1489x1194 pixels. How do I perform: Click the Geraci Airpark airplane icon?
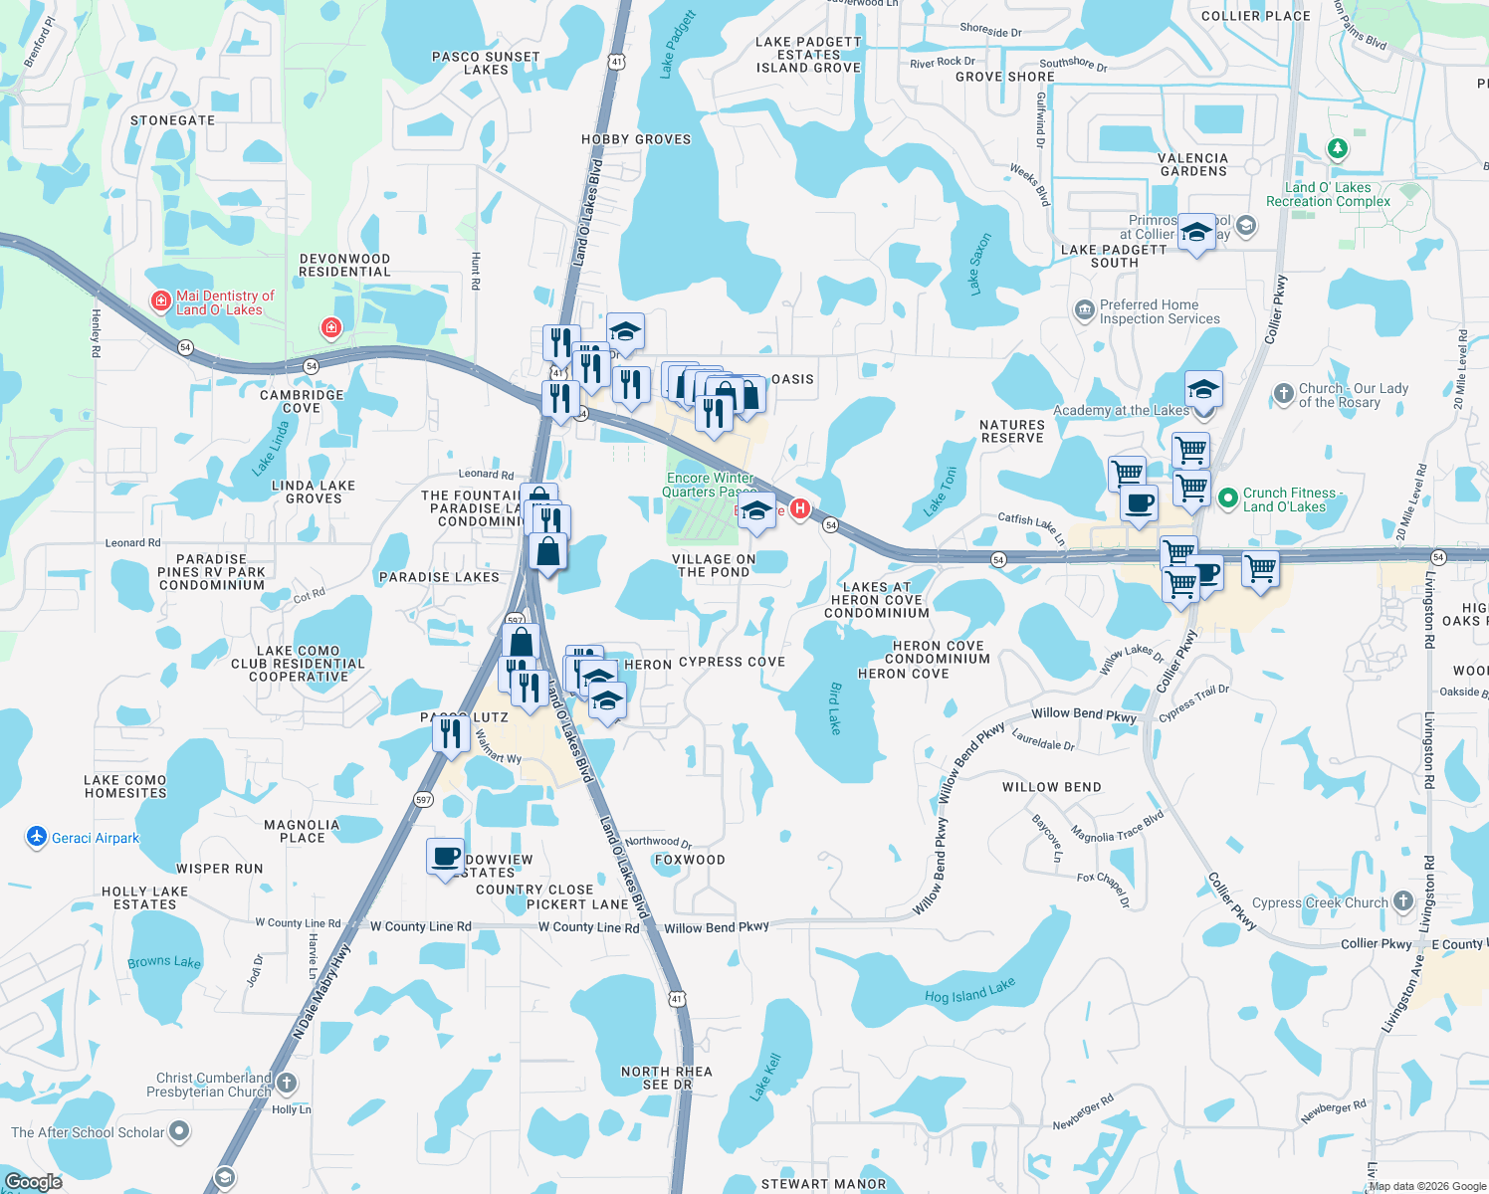click(x=37, y=837)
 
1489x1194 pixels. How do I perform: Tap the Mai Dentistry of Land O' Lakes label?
click(x=224, y=302)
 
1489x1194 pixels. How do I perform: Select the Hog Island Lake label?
click(x=969, y=991)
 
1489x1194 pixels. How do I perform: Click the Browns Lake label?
click(x=164, y=962)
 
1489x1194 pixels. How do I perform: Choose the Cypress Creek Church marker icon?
click(x=1402, y=901)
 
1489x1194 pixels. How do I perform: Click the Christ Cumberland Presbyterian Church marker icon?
click(x=287, y=1083)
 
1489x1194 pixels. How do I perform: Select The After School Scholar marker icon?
click(x=179, y=1130)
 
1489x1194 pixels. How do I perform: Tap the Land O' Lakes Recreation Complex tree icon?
click(x=1337, y=149)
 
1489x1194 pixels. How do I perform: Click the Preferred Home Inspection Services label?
click(x=1159, y=311)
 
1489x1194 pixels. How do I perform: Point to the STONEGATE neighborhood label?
click(x=172, y=120)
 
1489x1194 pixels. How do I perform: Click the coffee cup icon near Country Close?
click(x=445, y=857)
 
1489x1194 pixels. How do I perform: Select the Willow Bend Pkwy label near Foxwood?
click(x=716, y=927)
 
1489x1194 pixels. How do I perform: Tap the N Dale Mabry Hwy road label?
click(x=321, y=992)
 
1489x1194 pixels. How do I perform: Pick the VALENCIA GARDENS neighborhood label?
click(x=1193, y=164)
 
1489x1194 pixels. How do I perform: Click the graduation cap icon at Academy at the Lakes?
click(x=1203, y=389)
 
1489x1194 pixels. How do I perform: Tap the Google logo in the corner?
click(x=33, y=1182)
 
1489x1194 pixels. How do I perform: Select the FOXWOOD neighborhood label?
click(x=690, y=860)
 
